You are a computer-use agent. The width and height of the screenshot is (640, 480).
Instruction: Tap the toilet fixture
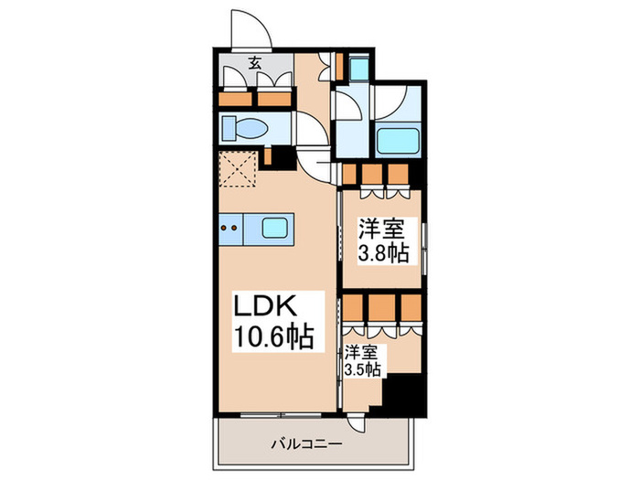point(245,128)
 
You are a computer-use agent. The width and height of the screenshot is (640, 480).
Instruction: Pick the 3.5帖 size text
point(364,369)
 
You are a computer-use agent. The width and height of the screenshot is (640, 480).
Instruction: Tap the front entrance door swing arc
point(251,27)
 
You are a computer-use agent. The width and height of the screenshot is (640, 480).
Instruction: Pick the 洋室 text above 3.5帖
point(363,351)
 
